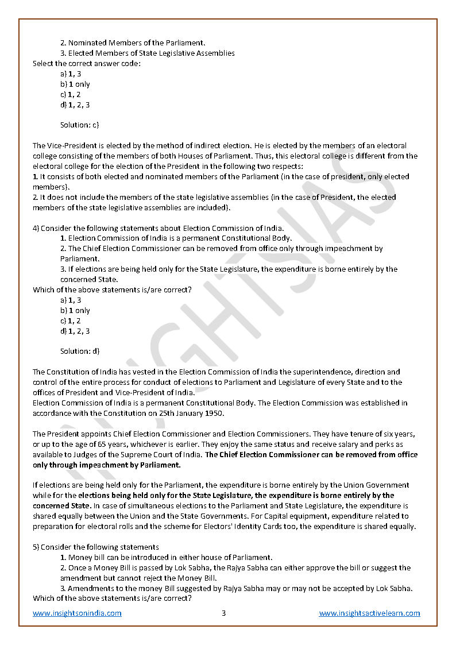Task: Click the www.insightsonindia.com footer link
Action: click(77, 613)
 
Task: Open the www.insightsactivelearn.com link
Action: click(369, 613)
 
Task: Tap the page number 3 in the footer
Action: click(224, 613)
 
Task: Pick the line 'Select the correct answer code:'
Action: click(87, 63)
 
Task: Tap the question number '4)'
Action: click(36, 228)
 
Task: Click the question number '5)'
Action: click(36, 547)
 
